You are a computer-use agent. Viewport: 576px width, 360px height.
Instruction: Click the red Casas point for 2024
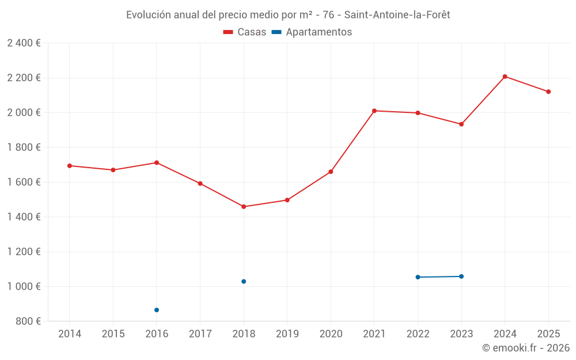click(x=505, y=77)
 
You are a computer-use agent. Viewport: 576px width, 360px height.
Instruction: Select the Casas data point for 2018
click(x=244, y=207)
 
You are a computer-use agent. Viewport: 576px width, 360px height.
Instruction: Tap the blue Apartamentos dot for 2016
click(x=157, y=310)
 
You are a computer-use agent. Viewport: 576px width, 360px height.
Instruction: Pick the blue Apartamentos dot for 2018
click(x=244, y=282)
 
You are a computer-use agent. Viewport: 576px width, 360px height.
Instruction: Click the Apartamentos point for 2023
click(x=461, y=276)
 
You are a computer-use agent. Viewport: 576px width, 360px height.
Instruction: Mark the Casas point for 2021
click(x=374, y=111)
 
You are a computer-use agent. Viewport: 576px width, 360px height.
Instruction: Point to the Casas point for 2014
click(x=70, y=166)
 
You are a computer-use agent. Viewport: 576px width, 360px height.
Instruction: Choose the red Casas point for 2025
click(x=548, y=92)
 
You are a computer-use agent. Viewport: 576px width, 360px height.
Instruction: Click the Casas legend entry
click(x=245, y=32)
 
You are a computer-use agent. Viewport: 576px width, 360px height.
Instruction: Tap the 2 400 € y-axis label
click(x=24, y=43)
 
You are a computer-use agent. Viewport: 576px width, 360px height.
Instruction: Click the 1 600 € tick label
click(x=24, y=182)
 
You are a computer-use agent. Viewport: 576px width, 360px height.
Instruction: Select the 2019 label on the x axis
click(x=287, y=334)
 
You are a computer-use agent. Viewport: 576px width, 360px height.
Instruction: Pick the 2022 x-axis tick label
click(x=418, y=334)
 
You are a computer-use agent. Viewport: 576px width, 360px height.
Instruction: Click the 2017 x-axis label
click(x=200, y=334)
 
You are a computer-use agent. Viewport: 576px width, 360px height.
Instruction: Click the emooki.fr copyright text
click(x=525, y=348)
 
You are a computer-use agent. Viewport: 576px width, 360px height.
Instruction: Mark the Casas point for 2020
click(x=331, y=172)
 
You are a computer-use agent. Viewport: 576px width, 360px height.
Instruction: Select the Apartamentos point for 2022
click(x=418, y=277)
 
